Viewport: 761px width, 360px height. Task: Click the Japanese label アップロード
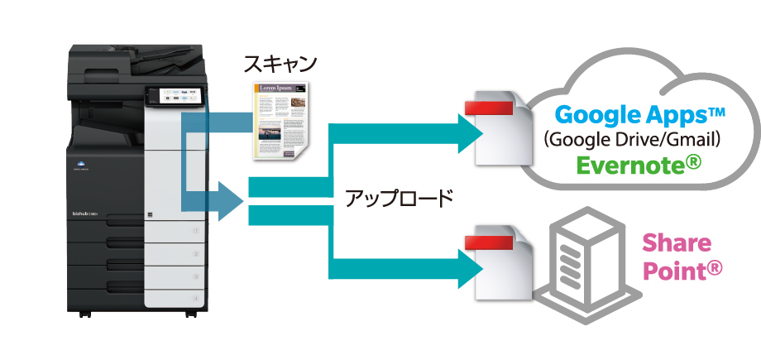click(399, 199)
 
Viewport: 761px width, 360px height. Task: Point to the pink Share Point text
click(676, 256)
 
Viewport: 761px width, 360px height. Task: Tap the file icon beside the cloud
click(501, 131)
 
